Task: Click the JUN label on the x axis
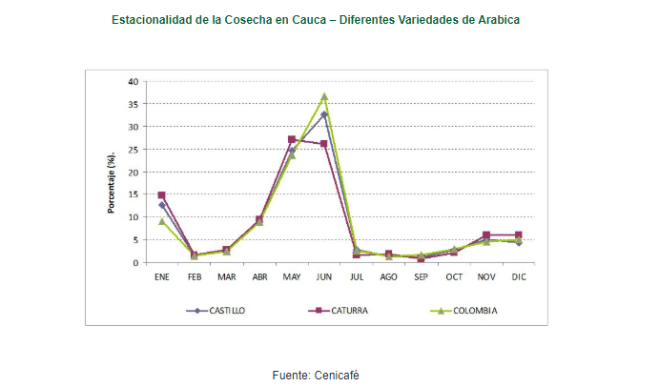pyautogui.click(x=324, y=277)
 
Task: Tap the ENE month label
pyautogui.click(x=162, y=277)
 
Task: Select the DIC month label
pyautogui.click(x=519, y=277)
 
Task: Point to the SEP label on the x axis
pyautogui.click(x=422, y=277)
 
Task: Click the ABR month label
pyautogui.click(x=259, y=277)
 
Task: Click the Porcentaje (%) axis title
pyautogui.click(x=112, y=182)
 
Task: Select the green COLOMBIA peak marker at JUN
pyautogui.click(x=324, y=96)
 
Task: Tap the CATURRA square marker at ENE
pyautogui.click(x=162, y=195)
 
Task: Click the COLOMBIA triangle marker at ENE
pyautogui.click(x=162, y=221)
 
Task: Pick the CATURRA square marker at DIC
pyautogui.click(x=519, y=234)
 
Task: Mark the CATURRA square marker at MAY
pyautogui.click(x=292, y=139)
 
